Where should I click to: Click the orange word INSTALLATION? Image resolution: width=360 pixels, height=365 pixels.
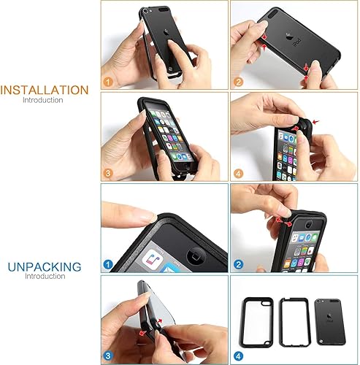[x=45, y=91]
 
